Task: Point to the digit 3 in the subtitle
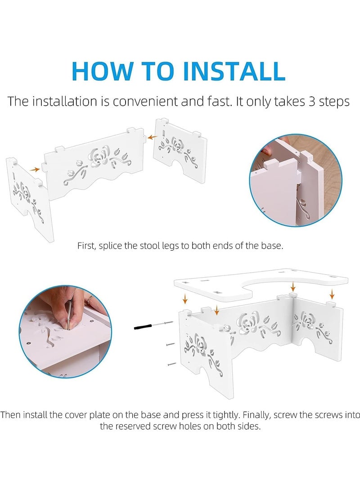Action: (312, 101)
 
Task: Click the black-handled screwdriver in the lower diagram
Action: (153, 325)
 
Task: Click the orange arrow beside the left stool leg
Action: (35, 169)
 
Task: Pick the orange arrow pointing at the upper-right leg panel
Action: (153, 137)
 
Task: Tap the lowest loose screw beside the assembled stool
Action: (171, 364)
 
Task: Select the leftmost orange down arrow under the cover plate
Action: (185, 299)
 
